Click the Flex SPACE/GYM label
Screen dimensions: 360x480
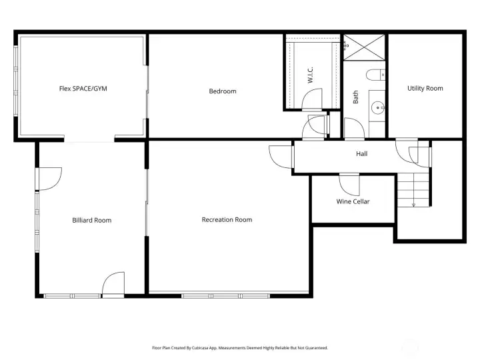click(x=82, y=88)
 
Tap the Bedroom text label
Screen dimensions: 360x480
click(x=223, y=91)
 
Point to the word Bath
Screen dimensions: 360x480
click(x=355, y=97)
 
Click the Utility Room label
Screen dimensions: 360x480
click(x=425, y=88)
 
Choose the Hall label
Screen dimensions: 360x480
click(x=361, y=154)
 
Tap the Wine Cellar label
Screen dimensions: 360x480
click(x=353, y=201)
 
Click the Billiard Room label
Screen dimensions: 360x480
click(x=91, y=220)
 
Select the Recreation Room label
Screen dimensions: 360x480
click(x=227, y=219)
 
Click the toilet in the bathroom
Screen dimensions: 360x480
click(x=376, y=73)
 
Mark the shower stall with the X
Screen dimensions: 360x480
click(x=364, y=47)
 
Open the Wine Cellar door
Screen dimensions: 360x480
click(x=349, y=182)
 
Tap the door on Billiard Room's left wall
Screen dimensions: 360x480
click(x=49, y=177)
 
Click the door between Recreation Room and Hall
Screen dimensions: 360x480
click(x=281, y=157)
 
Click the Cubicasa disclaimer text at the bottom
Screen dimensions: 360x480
click(x=240, y=347)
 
